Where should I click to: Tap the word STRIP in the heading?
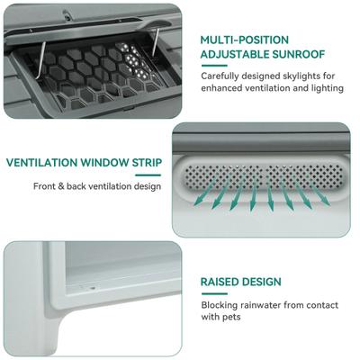tap(144, 164)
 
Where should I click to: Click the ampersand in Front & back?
tap(67, 186)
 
